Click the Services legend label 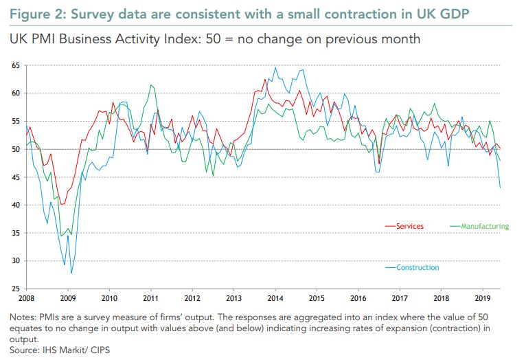[x=410, y=226]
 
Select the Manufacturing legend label [x=485, y=226]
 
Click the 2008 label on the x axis [x=26, y=299]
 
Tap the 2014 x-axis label [x=275, y=299]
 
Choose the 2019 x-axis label [x=483, y=299]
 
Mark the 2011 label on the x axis [x=151, y=299]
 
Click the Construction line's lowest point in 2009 [x=71, y=273]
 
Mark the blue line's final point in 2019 [x=500, y=188]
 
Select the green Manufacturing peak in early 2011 [x=151, y=85]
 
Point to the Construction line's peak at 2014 [x=275, y=67]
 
